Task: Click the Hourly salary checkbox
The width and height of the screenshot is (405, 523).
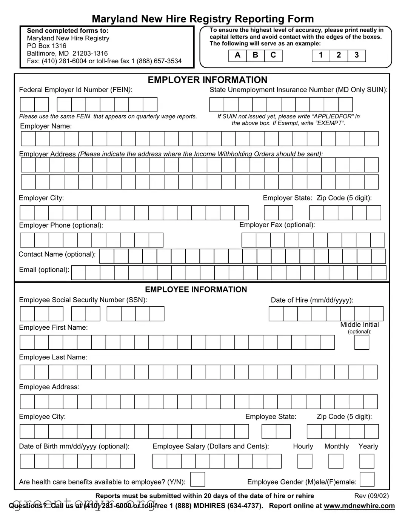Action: click(305, 461)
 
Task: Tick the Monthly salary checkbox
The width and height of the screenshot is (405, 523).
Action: click(336, 461)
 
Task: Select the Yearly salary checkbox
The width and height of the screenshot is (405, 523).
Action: click(367, 461)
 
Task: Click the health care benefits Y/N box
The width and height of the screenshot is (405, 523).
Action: click(198, 480)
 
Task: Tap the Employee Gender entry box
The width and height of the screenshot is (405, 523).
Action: click(367, 480)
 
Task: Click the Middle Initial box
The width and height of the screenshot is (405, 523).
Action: click(362, 343)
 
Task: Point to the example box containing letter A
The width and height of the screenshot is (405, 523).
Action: click(237, 56)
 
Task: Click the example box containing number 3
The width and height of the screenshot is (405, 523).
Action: click(357, 56)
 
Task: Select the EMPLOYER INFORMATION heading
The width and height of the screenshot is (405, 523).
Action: click(207, 80)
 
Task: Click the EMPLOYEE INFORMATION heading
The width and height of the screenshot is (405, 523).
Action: click(196, 289)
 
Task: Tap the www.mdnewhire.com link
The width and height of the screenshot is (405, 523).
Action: click(359, 506)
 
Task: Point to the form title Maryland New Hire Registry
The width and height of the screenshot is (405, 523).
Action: click(203, 19)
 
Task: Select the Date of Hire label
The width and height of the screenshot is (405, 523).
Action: click(312, 300)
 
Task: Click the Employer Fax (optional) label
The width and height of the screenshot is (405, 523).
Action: click(277, 225)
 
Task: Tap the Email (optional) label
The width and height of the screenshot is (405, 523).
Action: click(44, 270)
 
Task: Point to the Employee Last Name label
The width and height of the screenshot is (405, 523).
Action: click(53, 357)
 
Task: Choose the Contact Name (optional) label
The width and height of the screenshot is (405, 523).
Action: click(57, 254)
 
